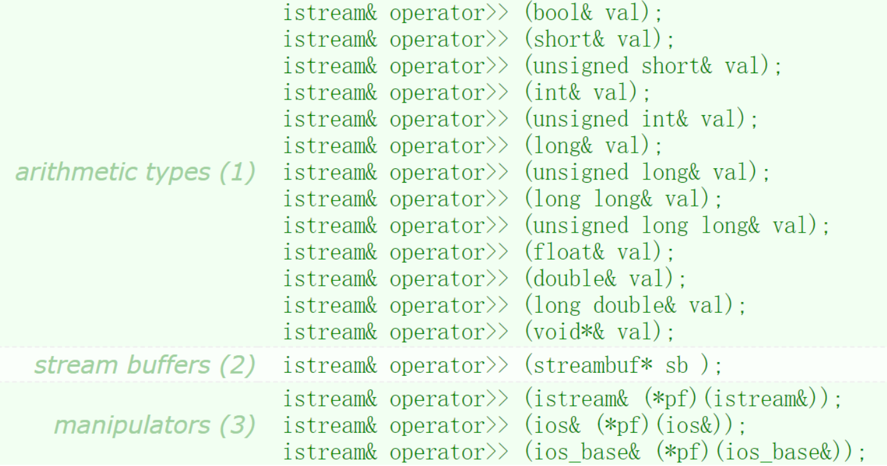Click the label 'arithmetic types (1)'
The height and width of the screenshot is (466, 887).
click(136, 172)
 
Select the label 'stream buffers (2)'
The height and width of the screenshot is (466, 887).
click(145, 365)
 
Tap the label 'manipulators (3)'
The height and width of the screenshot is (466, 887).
click(155, 425)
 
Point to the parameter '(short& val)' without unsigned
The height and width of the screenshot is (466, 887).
click(593, 39)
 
